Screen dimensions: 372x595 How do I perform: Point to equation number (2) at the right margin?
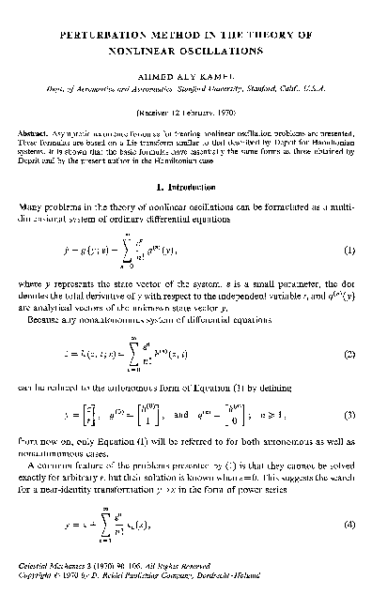(x=347, y=358)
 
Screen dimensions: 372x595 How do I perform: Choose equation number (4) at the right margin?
(x=347, y=524)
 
